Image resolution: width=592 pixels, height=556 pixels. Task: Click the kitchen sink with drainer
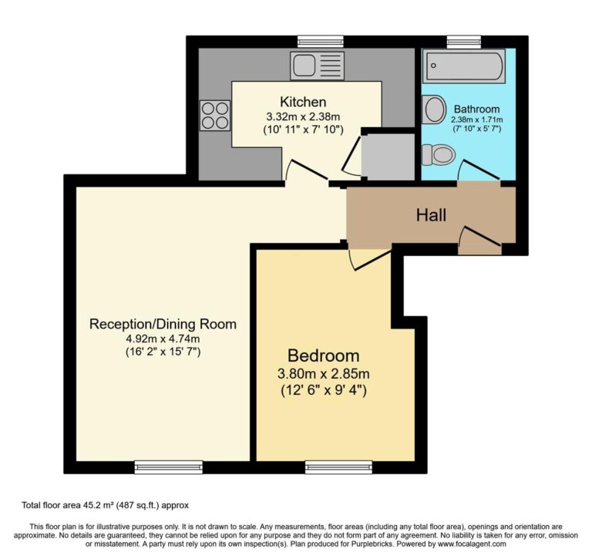(316, 66)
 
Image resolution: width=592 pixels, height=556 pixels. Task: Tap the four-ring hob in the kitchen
(216, 115)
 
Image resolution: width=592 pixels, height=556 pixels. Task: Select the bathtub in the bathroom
(464, 66)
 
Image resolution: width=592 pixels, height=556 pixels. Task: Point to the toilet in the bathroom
(439, 155)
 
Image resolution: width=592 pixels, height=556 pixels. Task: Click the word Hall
(431, 216)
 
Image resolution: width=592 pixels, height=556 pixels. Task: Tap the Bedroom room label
(323, 356)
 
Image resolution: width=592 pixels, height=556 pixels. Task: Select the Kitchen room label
(303, 102)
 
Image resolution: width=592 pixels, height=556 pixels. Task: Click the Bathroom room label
(476, 109)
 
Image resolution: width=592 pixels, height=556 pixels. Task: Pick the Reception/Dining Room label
(163, 323)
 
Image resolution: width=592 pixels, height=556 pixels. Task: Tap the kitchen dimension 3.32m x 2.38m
(303, 116)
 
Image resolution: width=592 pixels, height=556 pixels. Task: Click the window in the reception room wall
(168, 467)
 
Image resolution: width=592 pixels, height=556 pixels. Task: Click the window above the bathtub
(464, 41)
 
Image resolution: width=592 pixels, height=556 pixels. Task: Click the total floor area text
(105, 505)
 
